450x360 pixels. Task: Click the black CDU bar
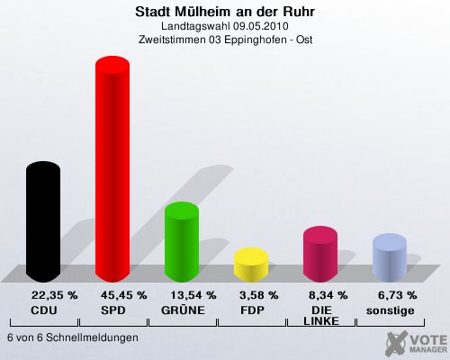click(43, 221)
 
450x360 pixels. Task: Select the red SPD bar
click(112, 169)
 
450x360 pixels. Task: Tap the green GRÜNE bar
click(182, 242)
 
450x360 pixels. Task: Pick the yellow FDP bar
click(251, 265)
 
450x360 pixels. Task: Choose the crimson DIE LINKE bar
click(320, 254)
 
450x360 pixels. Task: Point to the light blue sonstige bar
click(390, 257)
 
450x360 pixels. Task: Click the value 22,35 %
click(55, 295)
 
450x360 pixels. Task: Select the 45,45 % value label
click(124, 295)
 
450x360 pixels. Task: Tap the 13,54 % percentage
click(193, 295)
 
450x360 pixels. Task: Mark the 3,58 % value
click(259, 295)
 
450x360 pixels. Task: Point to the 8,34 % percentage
click(328, 295)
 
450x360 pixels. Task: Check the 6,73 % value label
click(398, 295)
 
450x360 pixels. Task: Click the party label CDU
click(44, 310)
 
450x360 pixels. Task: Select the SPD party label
click(113, 310)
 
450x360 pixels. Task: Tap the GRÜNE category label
click(183, 310)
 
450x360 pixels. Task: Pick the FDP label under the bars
click(252, 310)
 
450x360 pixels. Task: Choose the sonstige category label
click(391, 310)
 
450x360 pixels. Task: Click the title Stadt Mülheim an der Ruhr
click(225, 12)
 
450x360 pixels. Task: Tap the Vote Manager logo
click(417, 343)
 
